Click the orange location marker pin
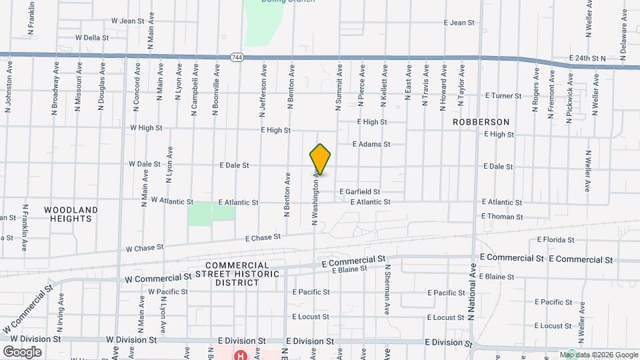tap(321, 159)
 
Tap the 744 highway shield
tap(236, 57)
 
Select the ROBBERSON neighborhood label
tap(481, 122)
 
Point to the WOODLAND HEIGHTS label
tap(71, 214)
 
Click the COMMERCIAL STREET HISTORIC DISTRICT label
tap(227, 274)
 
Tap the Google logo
tap(22, 351)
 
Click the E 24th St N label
tap(586, 59)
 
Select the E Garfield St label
tap(359, 191)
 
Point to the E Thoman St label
tap(502, 217)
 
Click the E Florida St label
tap(555, 239)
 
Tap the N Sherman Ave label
tap(387, 289)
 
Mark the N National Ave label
tap(472, 291)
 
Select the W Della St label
tap(92, 38)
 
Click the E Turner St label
tap(503, 96)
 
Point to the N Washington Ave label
tap(315, 197)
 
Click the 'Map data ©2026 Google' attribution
tap(598, 355)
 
